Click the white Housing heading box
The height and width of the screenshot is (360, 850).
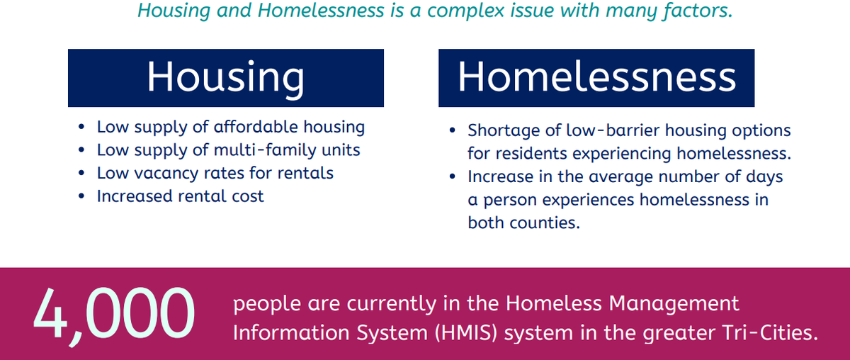(x=226, y=78)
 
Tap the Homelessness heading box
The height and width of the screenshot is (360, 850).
(x=596, y=78)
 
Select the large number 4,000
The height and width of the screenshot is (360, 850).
(x=114, y=315)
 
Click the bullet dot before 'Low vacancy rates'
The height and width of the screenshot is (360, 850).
(x=81, y=174)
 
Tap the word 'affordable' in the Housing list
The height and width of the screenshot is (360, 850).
(x=256, y=127)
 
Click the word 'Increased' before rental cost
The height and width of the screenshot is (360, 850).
(x=135, y=196)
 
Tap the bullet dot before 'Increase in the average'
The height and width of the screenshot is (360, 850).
(x=452, y=177)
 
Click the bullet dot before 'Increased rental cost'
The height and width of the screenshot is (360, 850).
(x=81, y=197)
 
